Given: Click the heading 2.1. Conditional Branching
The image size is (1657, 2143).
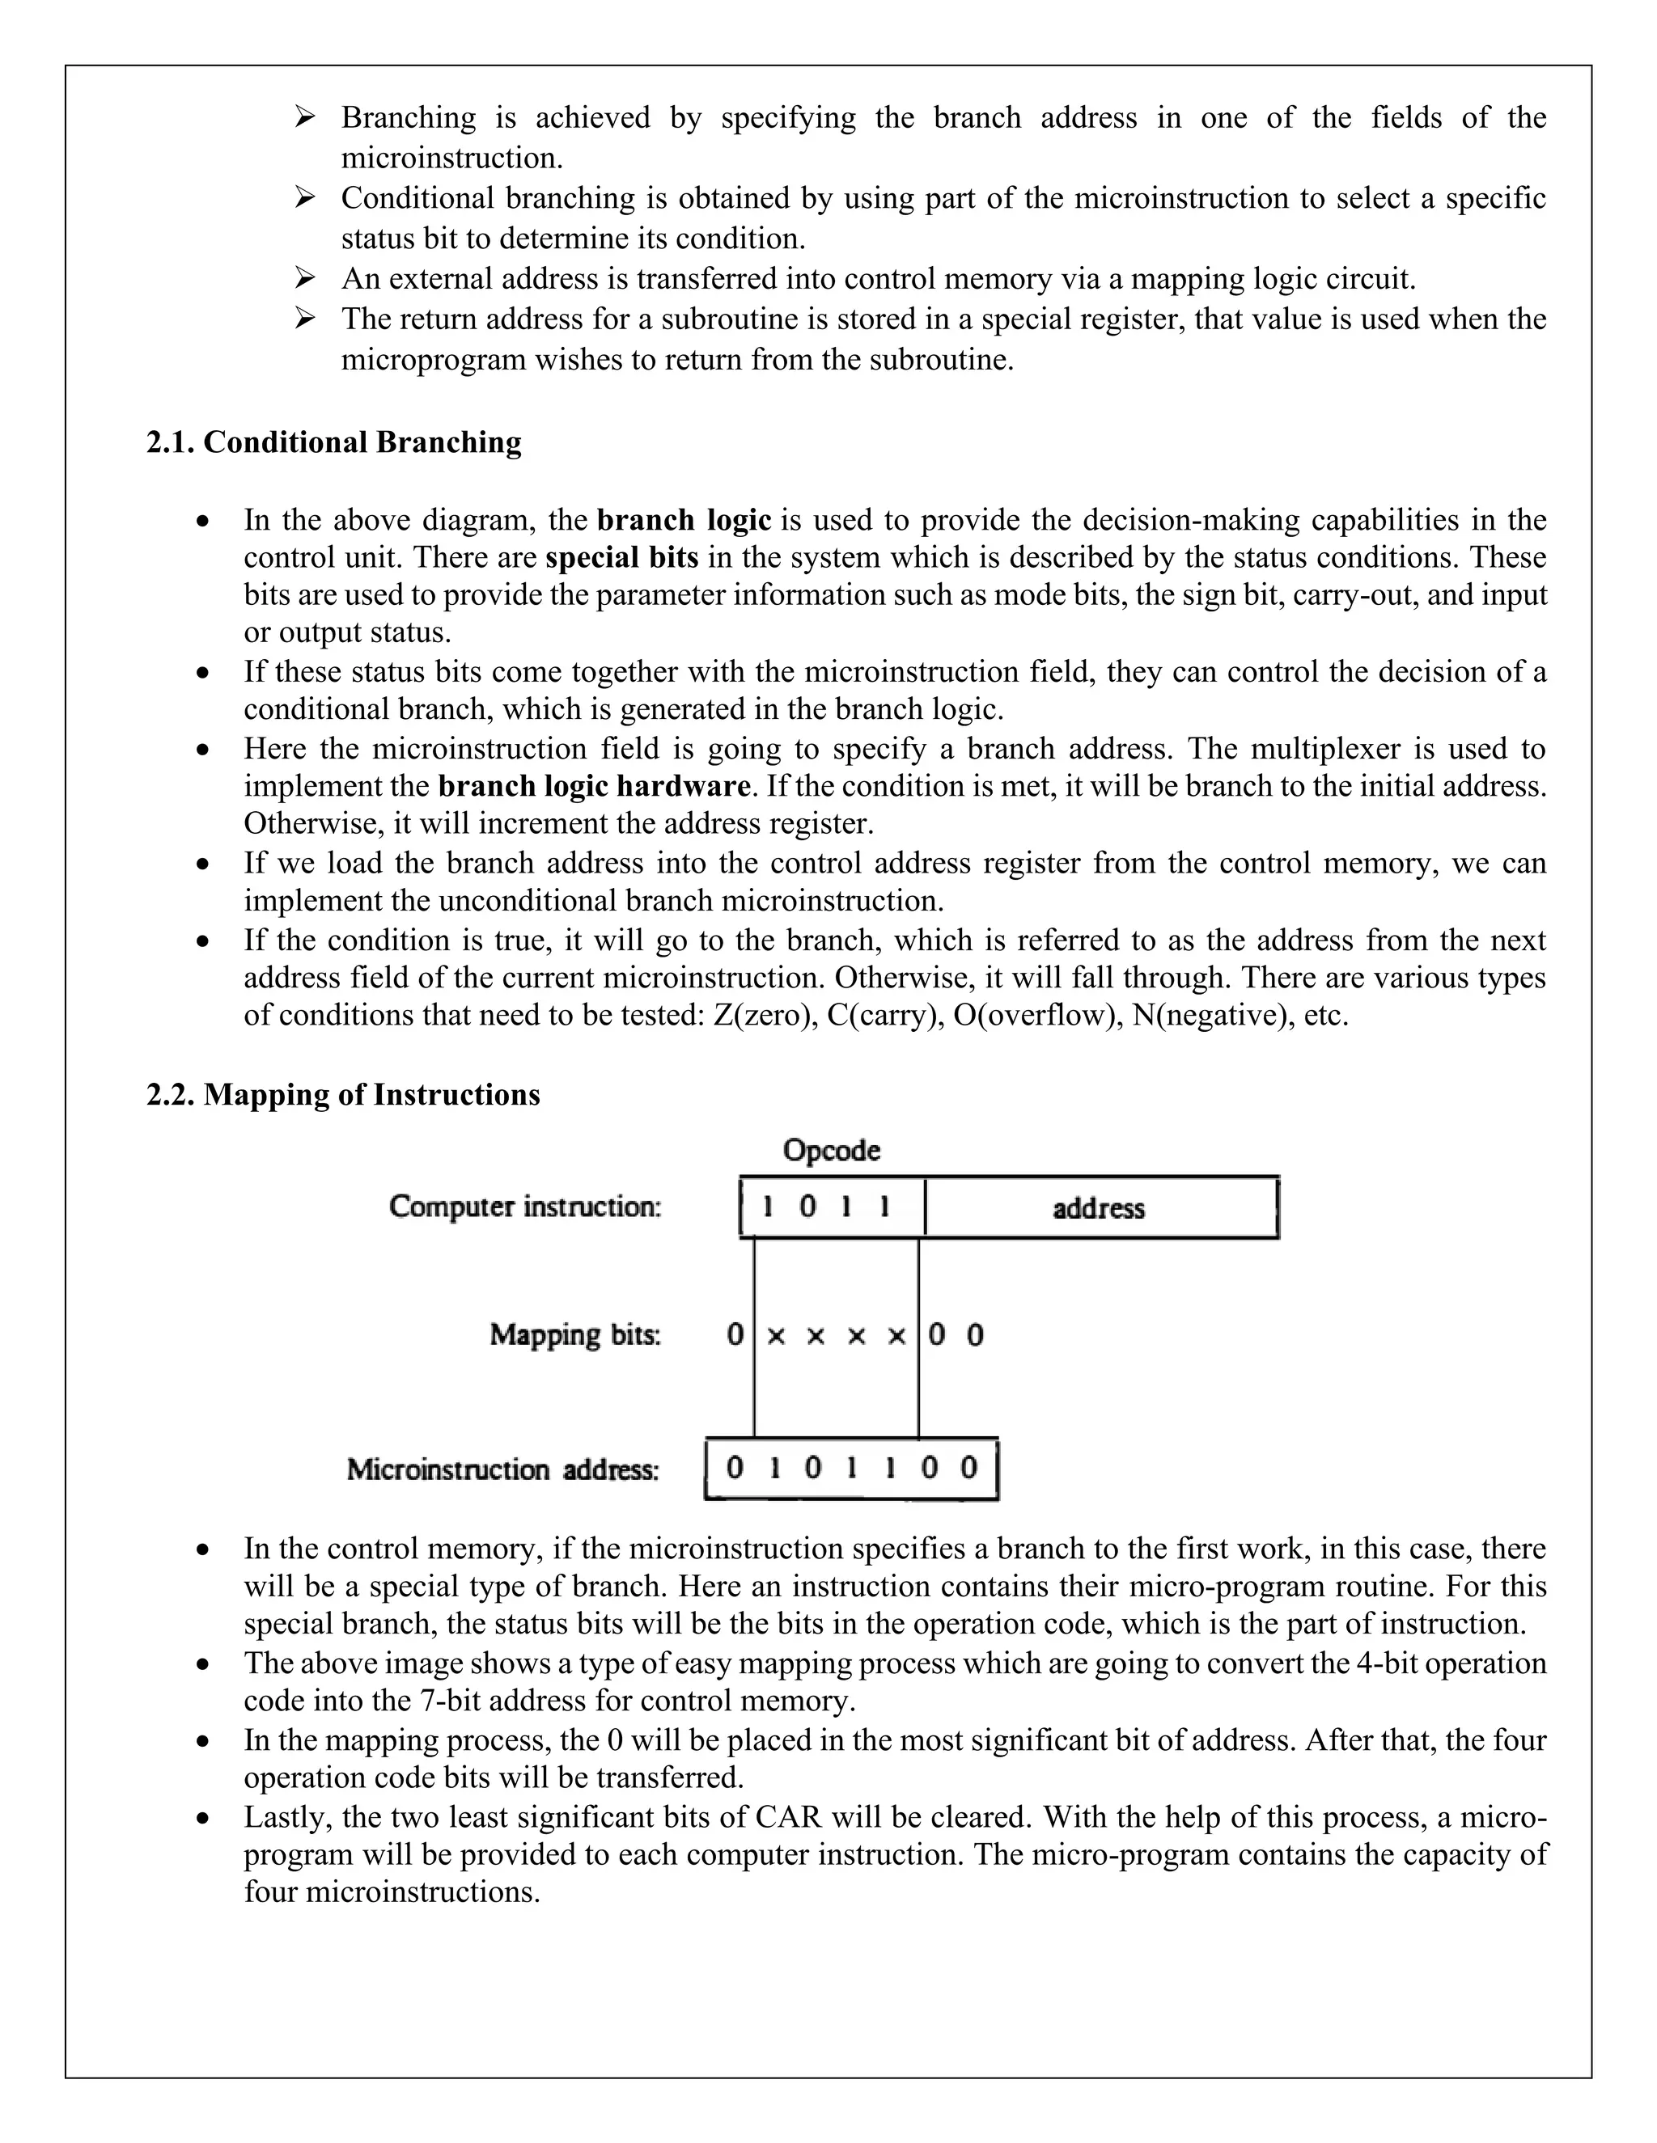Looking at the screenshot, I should click(334, 442).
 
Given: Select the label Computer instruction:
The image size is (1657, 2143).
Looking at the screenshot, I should click(525, 1206).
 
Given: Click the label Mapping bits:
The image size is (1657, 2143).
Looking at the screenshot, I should click(575, 1334).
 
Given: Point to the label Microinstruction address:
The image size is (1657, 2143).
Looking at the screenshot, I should click(503, 1469).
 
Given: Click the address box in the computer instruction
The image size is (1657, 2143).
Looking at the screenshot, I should click(1099, 1208).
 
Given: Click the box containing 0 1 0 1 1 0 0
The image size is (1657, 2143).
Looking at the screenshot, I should click(851, 1468).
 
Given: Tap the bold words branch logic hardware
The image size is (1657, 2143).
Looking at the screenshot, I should click(594, 786).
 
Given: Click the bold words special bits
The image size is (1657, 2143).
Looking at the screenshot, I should click(621, 557).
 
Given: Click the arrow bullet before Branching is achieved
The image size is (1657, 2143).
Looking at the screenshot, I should click(304, 118).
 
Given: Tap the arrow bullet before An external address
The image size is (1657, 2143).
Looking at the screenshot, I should click(304, 279).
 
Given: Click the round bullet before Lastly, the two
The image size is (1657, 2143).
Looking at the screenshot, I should click(202, 1818).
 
